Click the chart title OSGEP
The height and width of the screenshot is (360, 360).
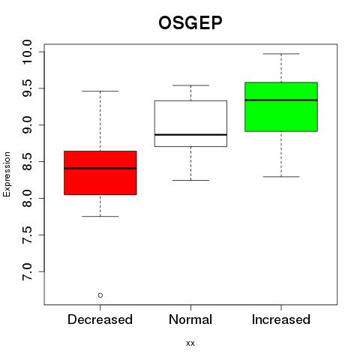(190, 22)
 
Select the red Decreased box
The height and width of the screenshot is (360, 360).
(100, 172)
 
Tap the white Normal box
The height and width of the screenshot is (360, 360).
(190, 124)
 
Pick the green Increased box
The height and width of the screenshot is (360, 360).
(281, 106)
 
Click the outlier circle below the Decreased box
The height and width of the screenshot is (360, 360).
(100, 295)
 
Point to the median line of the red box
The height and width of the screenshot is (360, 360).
(100, 168)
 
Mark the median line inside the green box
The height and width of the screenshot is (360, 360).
(281, 100)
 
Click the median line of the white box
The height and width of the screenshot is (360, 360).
(190, 135)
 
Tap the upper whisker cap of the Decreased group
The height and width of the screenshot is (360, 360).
(100, 91)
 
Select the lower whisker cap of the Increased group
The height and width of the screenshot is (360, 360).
(281, 177)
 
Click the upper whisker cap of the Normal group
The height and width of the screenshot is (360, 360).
(190, 85)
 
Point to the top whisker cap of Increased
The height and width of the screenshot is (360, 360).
(281, 54)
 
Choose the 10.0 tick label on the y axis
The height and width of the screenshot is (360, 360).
(27, 52)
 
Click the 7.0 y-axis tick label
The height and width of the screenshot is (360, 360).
(27, 271)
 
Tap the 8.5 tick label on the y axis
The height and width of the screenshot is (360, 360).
(27, 162)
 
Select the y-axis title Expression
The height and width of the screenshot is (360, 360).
(7, 174)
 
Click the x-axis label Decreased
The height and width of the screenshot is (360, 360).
(100, 319)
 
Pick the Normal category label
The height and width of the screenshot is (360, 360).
(190, 319)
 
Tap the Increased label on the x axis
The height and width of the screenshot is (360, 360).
(281, 319)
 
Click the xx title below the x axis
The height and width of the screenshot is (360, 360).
(190, 343)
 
